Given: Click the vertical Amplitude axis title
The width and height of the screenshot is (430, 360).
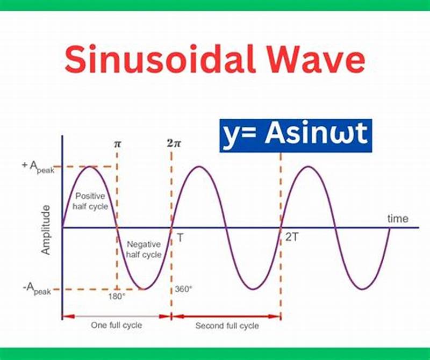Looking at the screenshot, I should pos(46,229).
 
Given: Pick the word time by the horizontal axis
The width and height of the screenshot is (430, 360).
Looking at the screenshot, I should pos(398,219).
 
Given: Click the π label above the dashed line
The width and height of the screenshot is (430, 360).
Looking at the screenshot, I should pos(117,145).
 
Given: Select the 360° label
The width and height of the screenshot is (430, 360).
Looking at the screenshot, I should pos(183,289).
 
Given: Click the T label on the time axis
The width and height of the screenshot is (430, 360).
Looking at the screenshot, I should pos(180,237).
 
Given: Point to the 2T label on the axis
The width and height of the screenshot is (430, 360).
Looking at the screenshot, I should pos(292,237).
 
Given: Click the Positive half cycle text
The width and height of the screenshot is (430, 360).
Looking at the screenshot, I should pos(91,201).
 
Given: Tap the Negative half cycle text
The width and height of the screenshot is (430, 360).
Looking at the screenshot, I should pos(144,249).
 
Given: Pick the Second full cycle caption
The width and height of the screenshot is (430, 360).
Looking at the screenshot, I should pos(227,326).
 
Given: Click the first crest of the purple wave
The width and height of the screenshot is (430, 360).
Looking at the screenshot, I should pos(89,167).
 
